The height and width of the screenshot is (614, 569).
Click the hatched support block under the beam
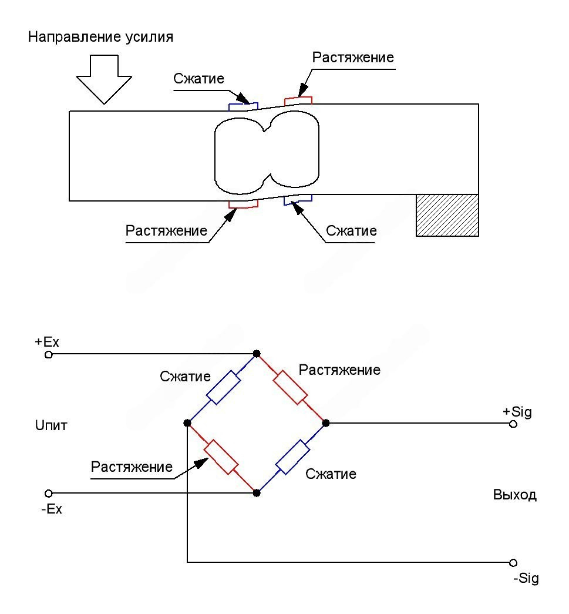tap(447, 215)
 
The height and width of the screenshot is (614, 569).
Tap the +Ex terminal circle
tap(49, 355)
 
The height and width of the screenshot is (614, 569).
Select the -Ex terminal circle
tap(49, 493)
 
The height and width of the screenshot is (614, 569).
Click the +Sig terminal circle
tap(513, 424)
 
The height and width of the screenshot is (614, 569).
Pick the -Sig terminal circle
tap(513, 562)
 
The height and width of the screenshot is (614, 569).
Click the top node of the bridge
tap(256, 354)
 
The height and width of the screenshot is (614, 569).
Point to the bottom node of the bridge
tap(256, 493)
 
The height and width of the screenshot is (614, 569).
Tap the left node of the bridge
tap(187, 422)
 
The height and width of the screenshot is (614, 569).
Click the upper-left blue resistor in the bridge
tap(222, 388)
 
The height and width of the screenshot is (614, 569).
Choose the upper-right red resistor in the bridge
tap(291, 388)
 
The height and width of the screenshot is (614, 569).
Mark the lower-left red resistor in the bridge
tap(221, 457)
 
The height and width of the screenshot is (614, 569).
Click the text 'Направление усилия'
tap(101, 37)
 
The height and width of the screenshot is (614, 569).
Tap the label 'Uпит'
tap(51, 425)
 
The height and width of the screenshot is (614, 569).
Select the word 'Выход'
tap(514, 495)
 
